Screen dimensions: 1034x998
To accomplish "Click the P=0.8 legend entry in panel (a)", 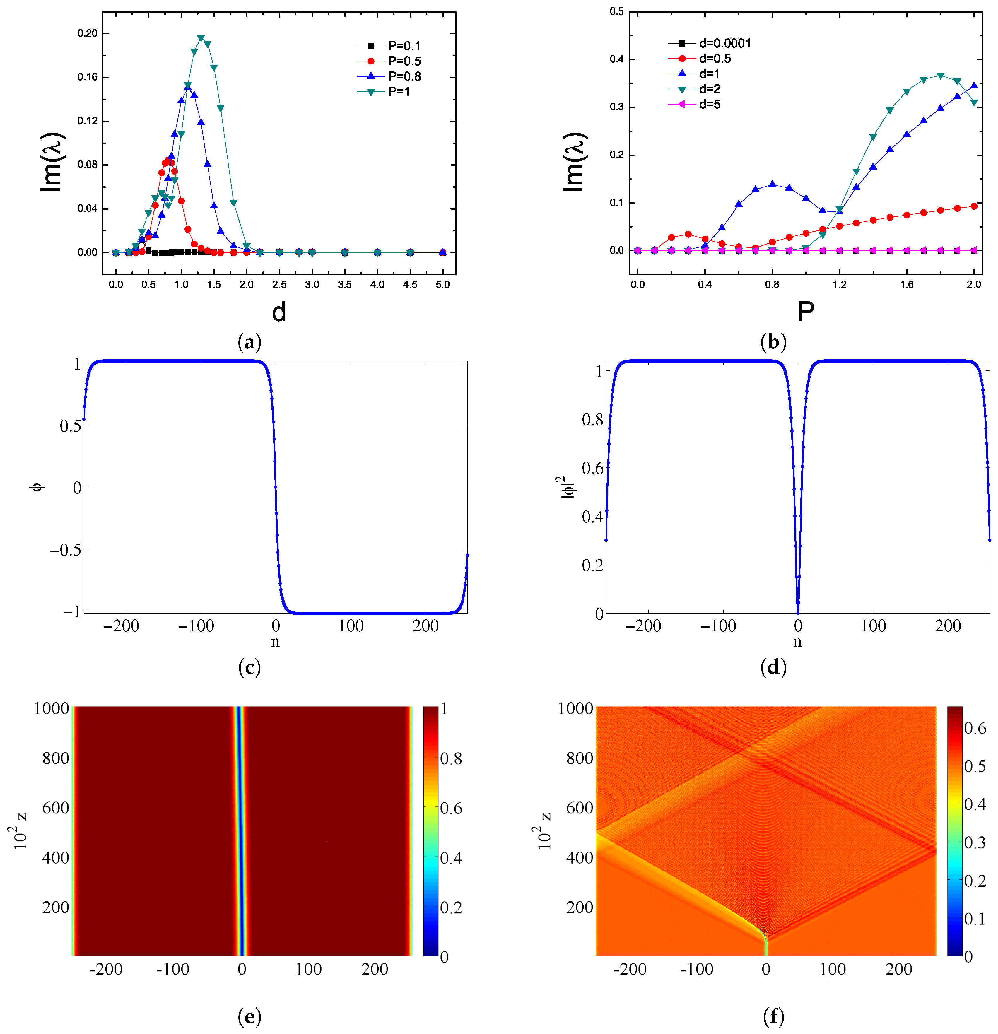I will [x=404, y=76].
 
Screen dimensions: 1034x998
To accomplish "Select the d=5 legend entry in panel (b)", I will [x=710, y=105].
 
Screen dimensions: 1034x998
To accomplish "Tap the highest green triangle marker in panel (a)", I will [x=200, y=39].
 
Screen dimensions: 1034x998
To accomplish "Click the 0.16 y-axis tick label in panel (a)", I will [x=88, y=77].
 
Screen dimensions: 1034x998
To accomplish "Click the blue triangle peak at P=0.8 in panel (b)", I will [x=772, y=184].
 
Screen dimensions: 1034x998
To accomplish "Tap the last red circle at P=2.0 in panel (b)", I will [x=974, y=206].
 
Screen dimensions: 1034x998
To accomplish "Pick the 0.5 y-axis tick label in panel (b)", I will [x=617, y=12].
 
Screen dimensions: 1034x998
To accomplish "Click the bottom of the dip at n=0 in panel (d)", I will [x=798, y=612].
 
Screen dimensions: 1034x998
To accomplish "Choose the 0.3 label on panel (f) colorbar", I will [x=975, y=842].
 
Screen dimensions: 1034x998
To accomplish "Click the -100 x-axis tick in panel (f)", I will [x=698, y=969].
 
